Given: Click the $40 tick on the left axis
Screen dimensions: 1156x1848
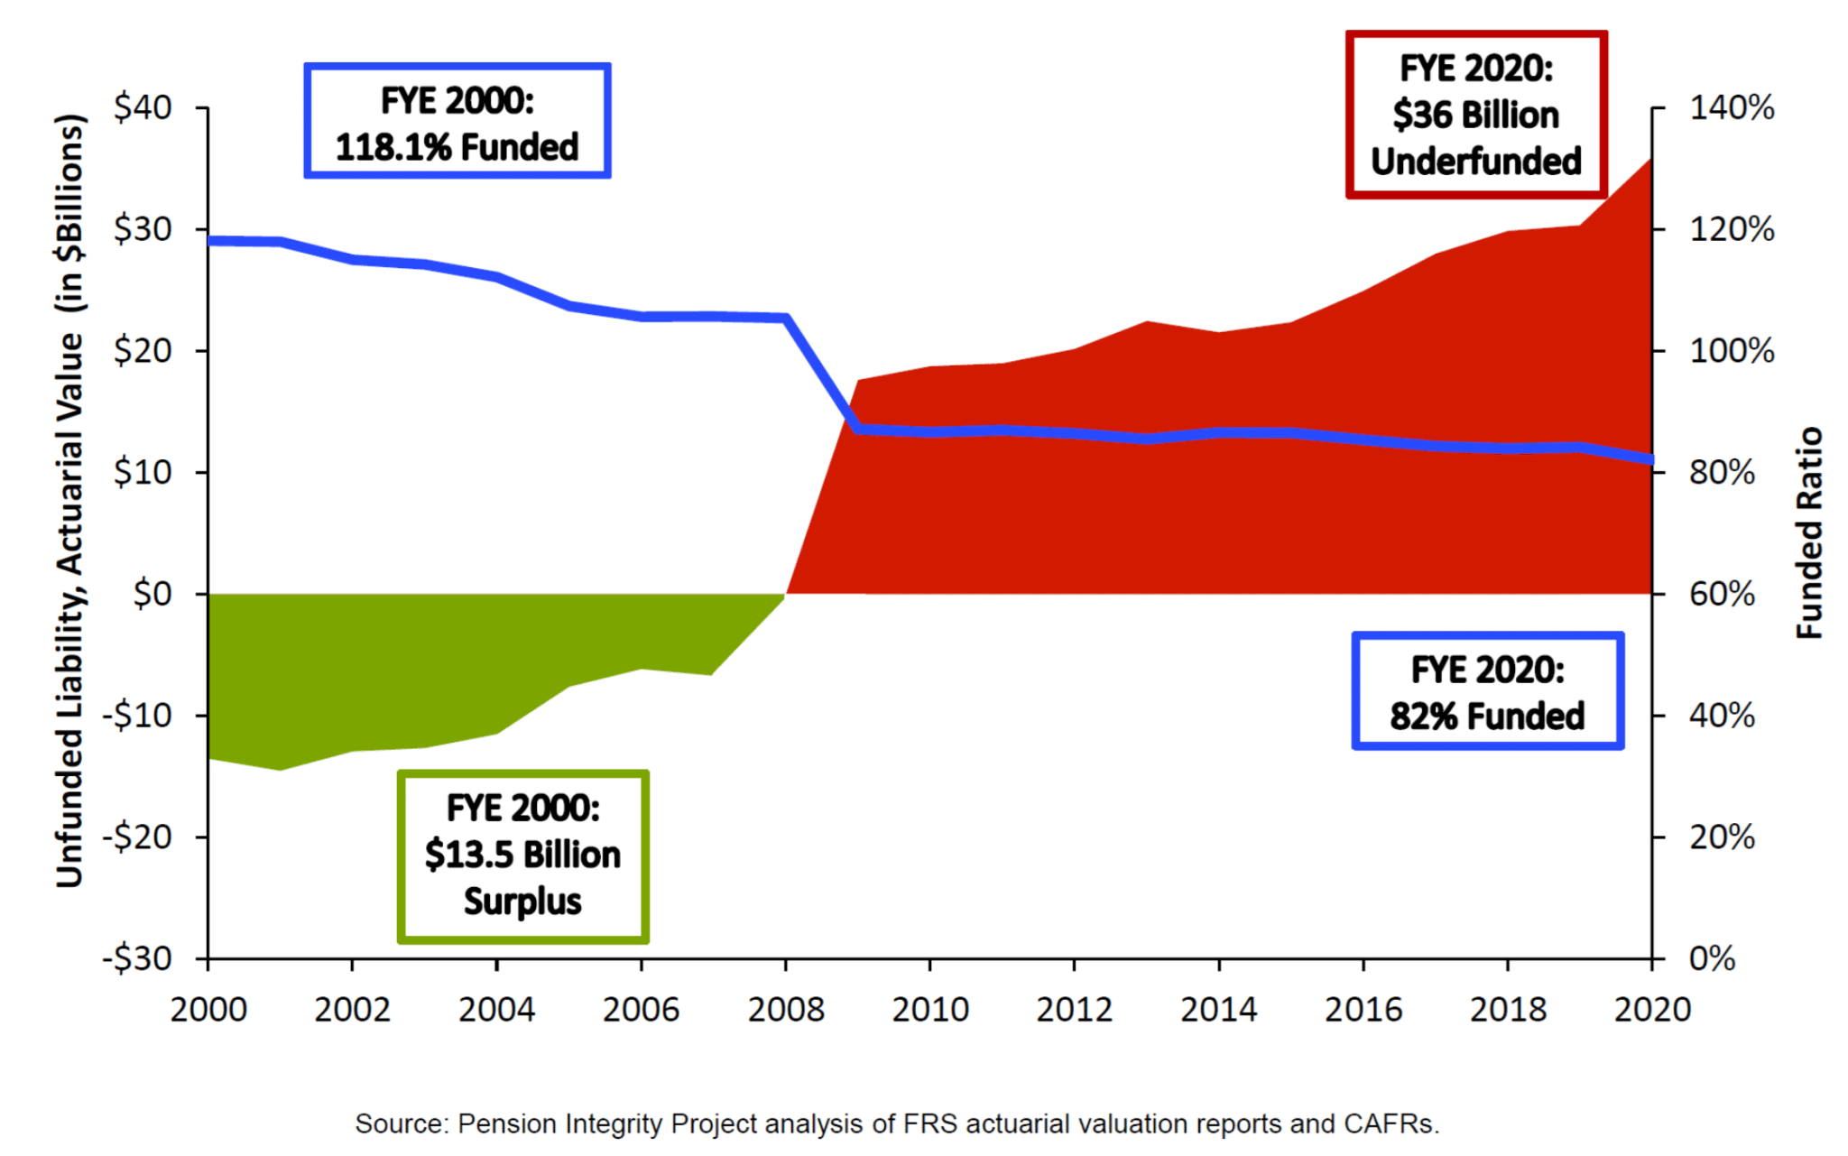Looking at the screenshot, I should (x=143, y=107).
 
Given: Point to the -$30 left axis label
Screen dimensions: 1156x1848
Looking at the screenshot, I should (x=137, y=958).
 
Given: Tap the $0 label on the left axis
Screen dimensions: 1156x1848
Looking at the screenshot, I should (x=152, y=594).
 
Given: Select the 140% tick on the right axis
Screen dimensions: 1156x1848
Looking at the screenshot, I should (x=1732, y=107).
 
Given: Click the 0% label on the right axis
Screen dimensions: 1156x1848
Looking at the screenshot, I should (x=1712, y=958).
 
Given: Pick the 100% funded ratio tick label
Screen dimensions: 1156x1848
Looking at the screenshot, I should (x=1732, y=350).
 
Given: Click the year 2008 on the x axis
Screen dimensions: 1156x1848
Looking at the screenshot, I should (x=785, y=1009).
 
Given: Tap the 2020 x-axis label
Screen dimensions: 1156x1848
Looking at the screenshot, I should (x=1652, y=1009).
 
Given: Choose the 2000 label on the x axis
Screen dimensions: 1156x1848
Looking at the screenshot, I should (x=208, y=1009).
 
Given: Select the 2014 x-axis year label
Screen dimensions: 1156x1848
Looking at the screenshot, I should (x=1218, y=1009).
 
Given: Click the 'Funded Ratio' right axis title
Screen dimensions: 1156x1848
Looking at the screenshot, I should (x=1809, y=532).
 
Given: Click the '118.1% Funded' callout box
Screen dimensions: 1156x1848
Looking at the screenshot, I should (x=457, y=121).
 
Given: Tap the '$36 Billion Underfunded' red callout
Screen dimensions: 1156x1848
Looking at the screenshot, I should (x=1476, y=115).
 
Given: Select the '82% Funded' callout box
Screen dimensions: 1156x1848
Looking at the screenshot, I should (x=1487, y=691).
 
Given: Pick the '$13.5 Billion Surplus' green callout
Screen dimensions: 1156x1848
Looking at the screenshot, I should (x=523, y=855).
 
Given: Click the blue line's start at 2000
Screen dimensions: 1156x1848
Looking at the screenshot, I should (x=209, y=241).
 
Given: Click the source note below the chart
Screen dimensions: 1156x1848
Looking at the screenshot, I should (x=897, y=1124).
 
